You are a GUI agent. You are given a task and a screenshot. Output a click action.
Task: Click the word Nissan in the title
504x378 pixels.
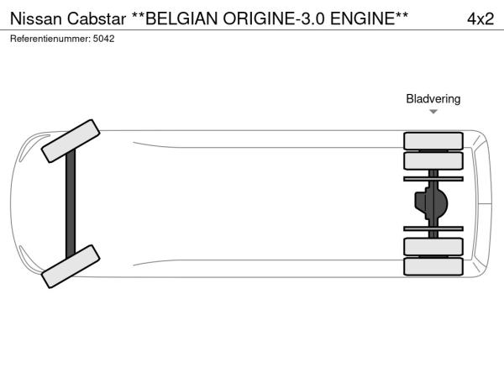pyautogui.click(x=35, y=18)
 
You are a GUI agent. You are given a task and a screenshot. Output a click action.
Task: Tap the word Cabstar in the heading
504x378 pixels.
pyautogui.click(x=97, y=18)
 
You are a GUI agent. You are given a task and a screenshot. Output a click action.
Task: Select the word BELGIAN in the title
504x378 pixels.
pyautogui.click(x=181, y=18)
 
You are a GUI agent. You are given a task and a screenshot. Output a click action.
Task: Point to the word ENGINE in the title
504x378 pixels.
pyautogui.click(x=363, y=18)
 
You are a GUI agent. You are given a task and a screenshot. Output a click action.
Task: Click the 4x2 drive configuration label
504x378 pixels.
pyautogui.click(x=480, y=19)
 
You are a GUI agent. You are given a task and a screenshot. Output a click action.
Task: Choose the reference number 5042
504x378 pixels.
pyautogui.click(x=103, y=39)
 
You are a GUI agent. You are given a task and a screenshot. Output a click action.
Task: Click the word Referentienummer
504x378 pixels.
pyautogui.click(x=50, y=39)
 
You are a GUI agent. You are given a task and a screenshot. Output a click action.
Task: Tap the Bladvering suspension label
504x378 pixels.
pyautogui.click(x=433, y=98)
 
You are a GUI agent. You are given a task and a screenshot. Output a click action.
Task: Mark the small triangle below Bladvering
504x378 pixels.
pyautogui.click(x=433, y=112)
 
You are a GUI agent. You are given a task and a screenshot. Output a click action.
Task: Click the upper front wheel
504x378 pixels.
pyautogui.click(x=71, y=141)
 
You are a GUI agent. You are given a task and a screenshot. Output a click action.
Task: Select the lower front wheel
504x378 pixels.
pyautogui.click(x=71, y=266)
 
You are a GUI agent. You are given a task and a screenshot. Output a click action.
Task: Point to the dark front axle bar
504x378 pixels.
pyautogui.click(x=71, y=204)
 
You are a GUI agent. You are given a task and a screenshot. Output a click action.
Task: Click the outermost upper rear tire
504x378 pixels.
pyautogui.click(x=433, y=141)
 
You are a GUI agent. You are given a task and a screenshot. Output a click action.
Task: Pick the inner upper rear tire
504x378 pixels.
pyautogui.click(x=433, y=160)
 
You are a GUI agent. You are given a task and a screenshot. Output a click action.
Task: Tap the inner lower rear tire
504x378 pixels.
pyautogui.click(x=433, y=247)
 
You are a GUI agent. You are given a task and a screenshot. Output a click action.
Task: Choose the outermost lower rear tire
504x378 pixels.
pyautogui.click(x=433, y=266)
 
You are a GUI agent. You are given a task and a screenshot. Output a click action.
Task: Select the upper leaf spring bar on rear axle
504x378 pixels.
pyautogui.click(x=433, y=179)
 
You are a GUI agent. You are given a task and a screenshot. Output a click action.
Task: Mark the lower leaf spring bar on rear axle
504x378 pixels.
pyautogui.click(x=433, y=228)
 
